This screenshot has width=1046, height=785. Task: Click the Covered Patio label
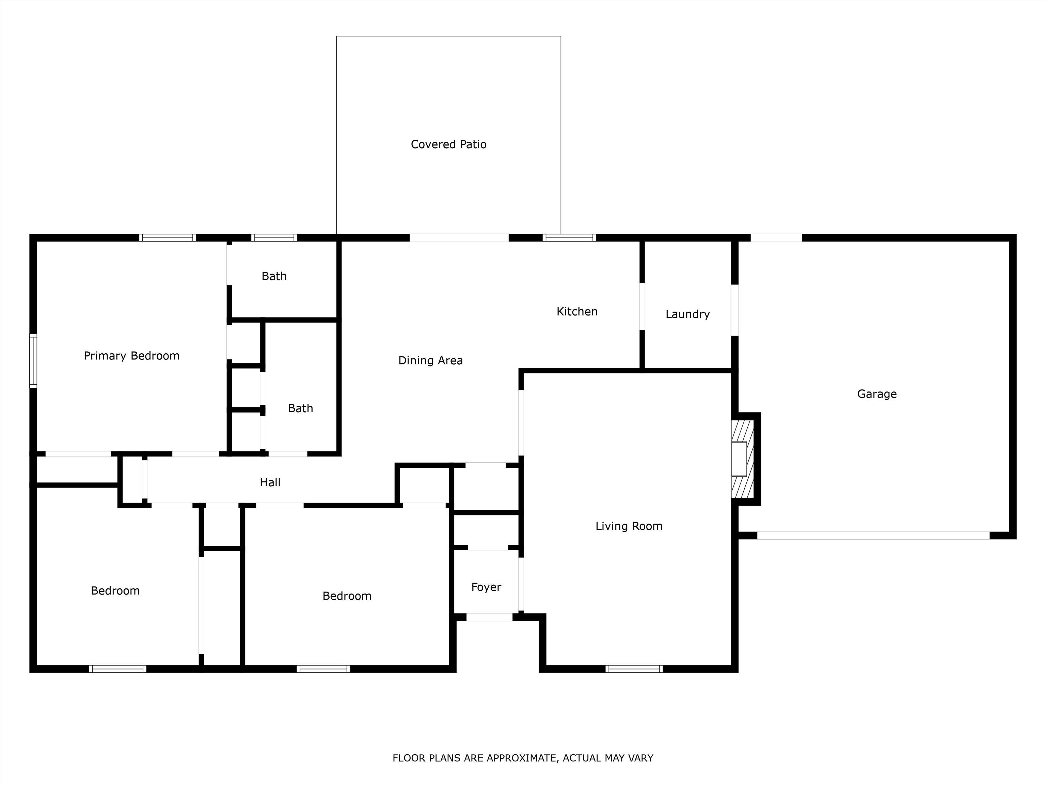tap(448, 144)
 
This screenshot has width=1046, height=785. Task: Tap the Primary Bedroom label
tap(131, 356)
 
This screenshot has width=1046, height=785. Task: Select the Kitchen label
tap(577, 311)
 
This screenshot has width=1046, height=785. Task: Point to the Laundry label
tap(687, 314)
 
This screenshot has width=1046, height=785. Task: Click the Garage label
tap(877, 394)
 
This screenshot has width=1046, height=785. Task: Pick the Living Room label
tap(629, 526)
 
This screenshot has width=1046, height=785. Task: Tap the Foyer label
tap(486, 587)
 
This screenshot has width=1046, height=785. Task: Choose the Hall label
tap(270, 482)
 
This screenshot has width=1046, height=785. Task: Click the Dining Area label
tap(430, 360)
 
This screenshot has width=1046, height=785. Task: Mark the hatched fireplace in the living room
tap(742, 459)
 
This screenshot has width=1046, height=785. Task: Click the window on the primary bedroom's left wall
tap(33, 360)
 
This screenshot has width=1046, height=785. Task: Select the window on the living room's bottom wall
tap(634, 668)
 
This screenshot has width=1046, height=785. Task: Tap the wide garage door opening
tap(873, 536)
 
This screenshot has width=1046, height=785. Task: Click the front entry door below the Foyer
tap(489, 617)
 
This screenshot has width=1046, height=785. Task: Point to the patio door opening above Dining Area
tap(459, 237)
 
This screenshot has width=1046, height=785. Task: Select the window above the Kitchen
tap(569, 237)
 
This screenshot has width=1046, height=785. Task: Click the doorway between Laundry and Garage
tap(735, 310)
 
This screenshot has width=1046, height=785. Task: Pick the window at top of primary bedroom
tap(168, 237)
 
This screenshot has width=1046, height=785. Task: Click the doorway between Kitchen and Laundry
tap(642, 307)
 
